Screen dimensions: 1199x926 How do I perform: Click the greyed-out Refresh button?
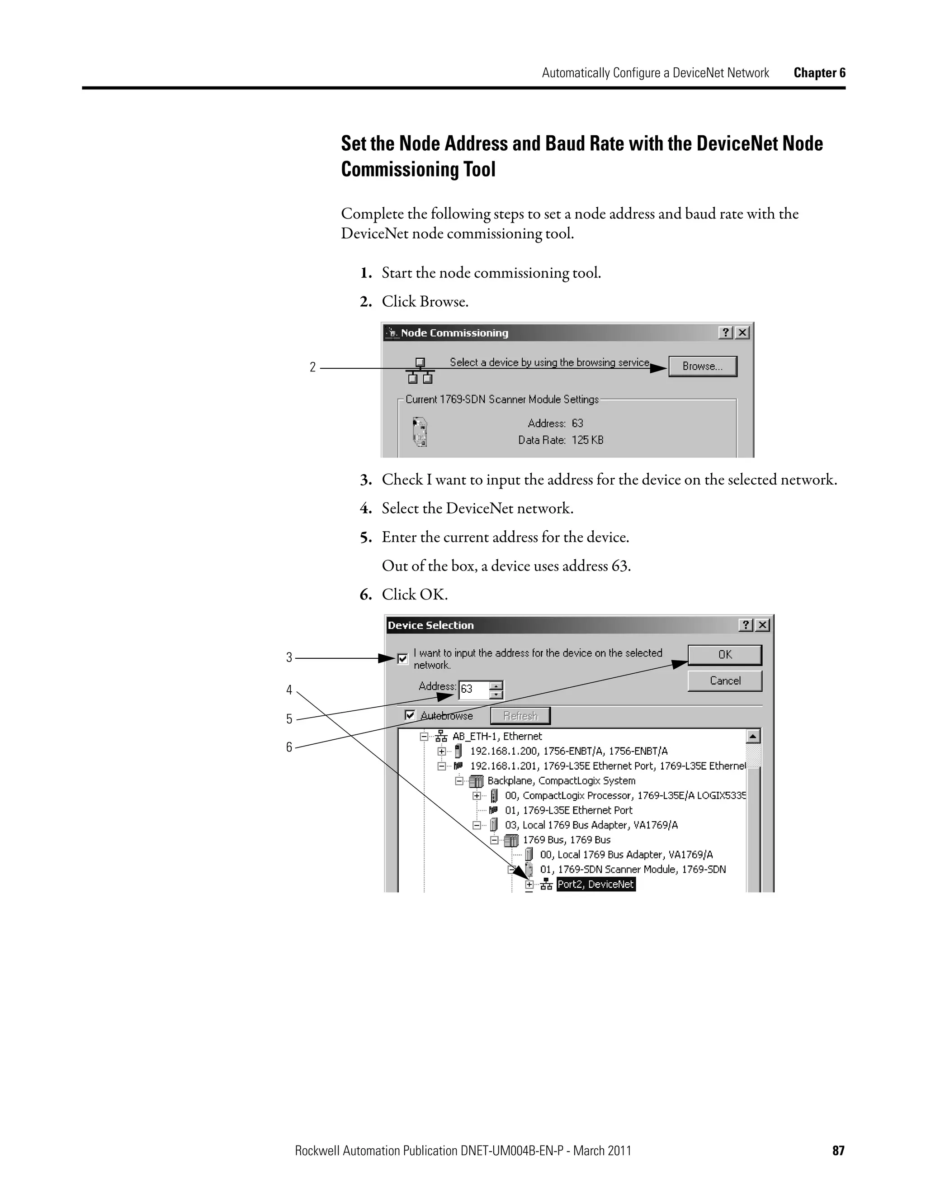520,716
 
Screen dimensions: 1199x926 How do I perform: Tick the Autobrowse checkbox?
410,715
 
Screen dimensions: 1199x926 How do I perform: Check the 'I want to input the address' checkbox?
403,659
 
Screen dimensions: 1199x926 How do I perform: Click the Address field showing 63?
473,690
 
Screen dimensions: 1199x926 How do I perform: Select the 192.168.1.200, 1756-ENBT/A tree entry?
568,751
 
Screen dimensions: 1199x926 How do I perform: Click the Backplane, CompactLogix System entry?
561,780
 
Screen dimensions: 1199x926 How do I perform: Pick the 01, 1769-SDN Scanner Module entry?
632,870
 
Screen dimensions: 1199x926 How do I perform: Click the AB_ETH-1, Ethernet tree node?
496,736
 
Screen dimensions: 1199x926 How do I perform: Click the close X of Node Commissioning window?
742,333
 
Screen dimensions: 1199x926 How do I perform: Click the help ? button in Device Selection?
746,625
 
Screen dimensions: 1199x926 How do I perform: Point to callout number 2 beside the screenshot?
313,367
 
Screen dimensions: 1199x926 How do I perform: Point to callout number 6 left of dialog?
289,747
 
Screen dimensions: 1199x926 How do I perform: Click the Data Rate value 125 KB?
587,440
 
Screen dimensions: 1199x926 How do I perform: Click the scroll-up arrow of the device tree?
753,737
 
